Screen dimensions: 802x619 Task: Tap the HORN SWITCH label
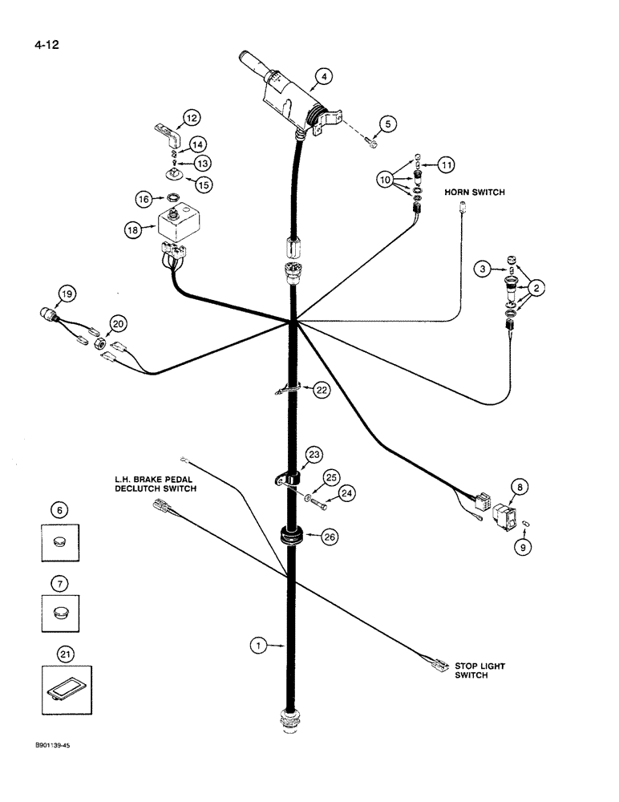pyautogui.click(x=475, y=192)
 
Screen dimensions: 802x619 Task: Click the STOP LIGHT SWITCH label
pyautogui.click(x=480, y=670)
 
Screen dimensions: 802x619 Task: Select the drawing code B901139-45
pyautogui.click(x=57, y=745)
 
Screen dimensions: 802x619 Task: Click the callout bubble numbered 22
pyautogui.click(x=321, y=390)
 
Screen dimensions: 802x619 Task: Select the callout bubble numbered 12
pyautogui.click(x=191, y=118)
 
